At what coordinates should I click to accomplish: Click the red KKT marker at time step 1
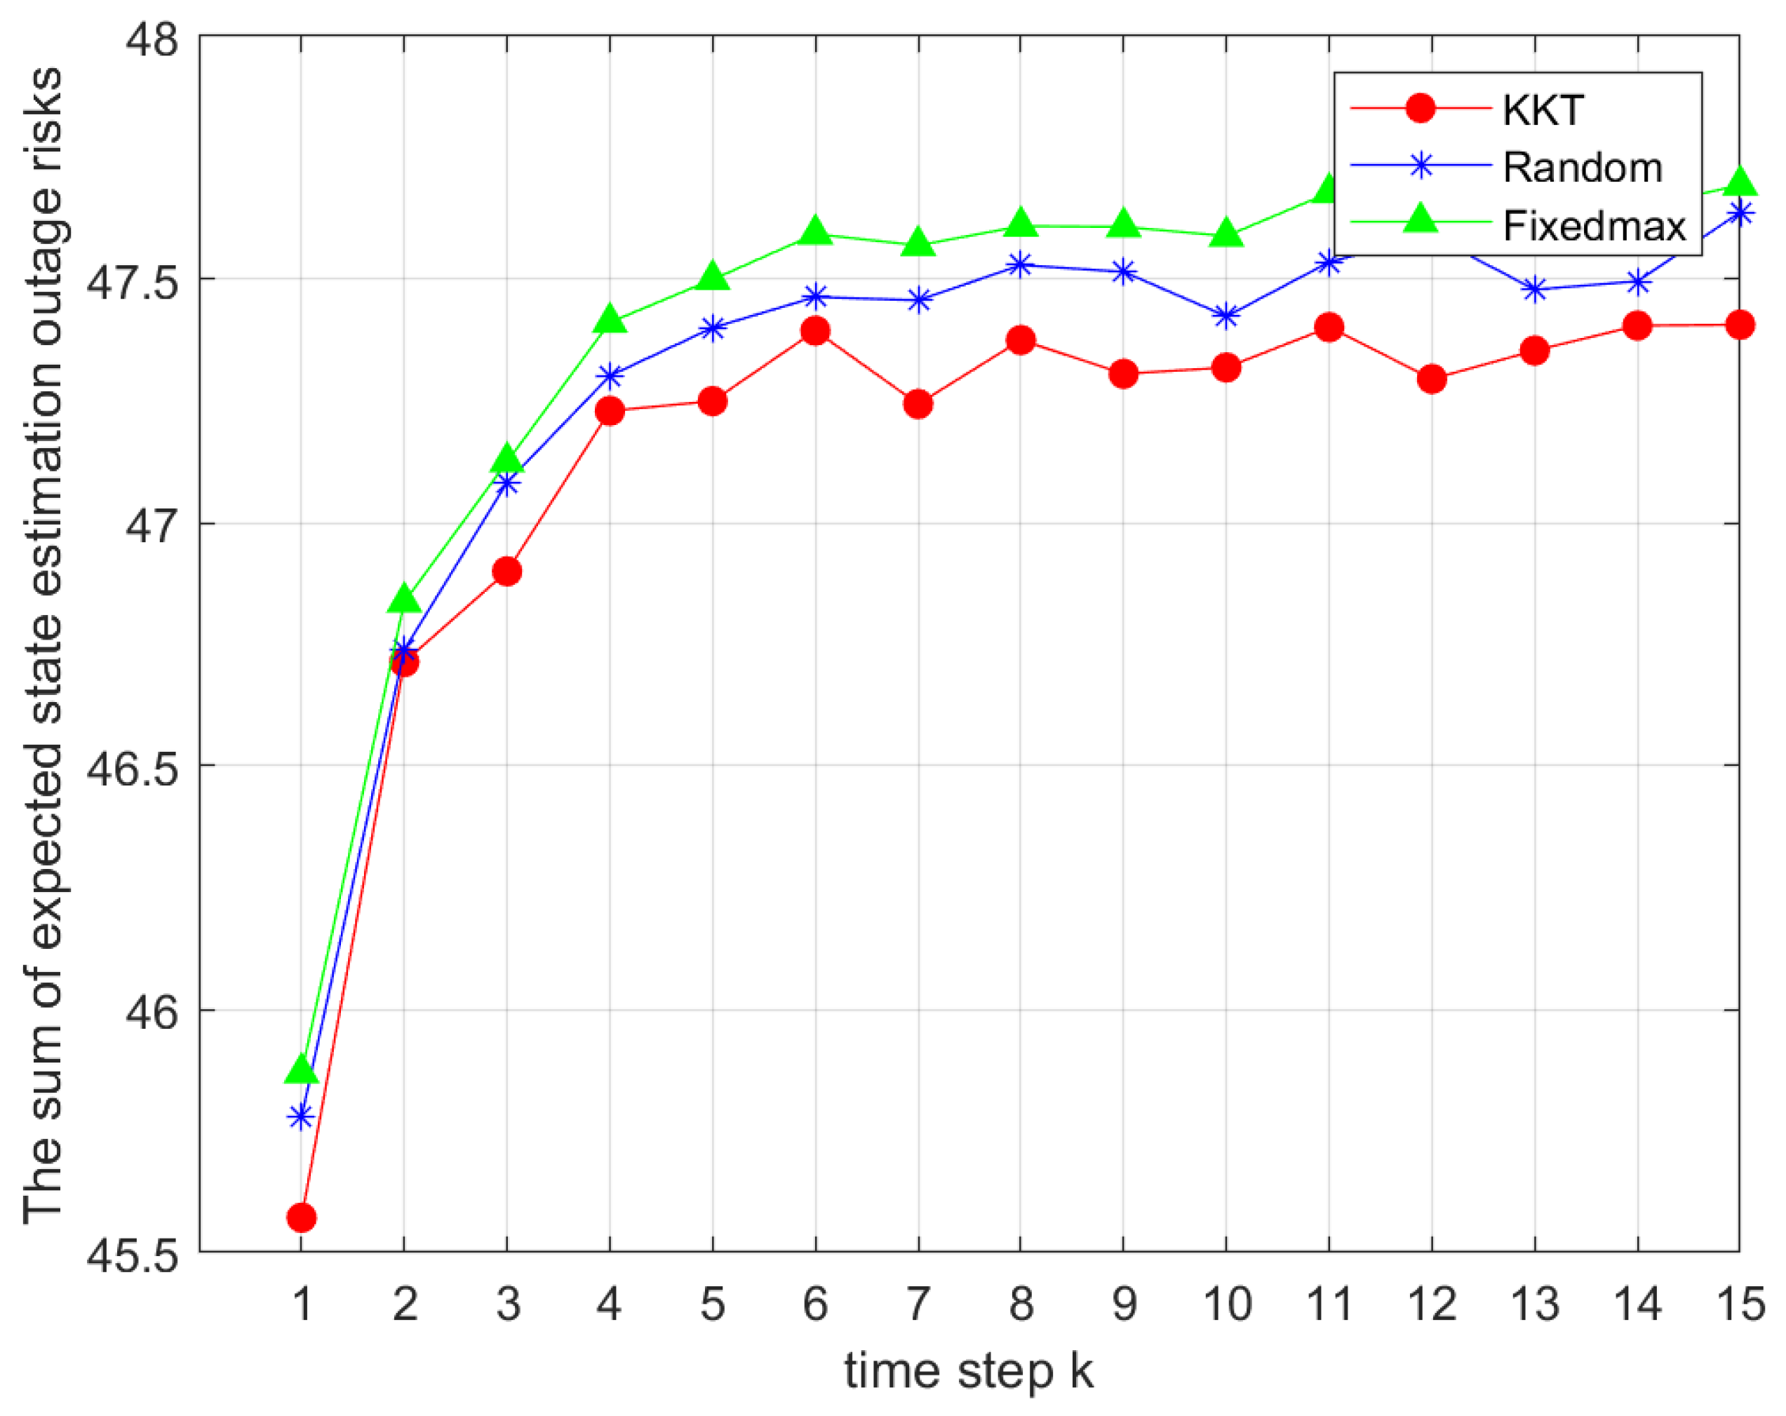click(302, 1218)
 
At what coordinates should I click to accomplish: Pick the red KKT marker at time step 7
click(918, 404)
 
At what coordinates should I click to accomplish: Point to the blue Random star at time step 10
click(1226, 316)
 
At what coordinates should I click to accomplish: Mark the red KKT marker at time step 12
click(1432, 379)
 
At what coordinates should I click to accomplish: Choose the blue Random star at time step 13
click(1535, 290)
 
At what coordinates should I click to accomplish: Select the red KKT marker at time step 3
click(507, 572)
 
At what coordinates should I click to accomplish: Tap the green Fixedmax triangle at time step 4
click(610, 319)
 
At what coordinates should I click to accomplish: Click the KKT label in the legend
click(1543, 110)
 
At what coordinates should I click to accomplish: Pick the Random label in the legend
click(1583, 168)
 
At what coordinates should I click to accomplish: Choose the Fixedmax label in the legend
click(1594, 226)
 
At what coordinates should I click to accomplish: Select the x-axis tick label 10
click(1226, 1305)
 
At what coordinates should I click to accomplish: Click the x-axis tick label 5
click(713, 1305)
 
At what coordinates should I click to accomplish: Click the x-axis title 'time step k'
click(968, 1370)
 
